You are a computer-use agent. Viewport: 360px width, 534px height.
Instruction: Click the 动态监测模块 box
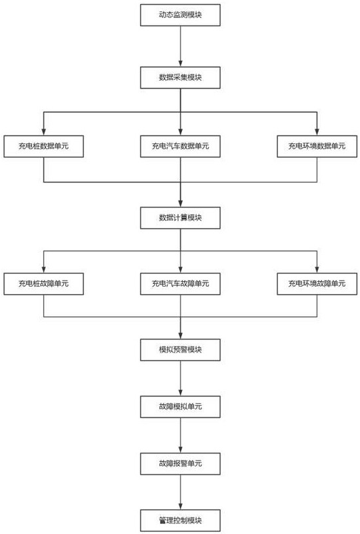tap(180, 15)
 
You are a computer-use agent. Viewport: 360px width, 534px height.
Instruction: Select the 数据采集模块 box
tap(180, 77)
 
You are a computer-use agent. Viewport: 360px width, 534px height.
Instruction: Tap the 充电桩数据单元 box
tap(43, 147)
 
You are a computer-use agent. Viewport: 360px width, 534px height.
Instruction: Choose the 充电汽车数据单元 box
tap(180, 147)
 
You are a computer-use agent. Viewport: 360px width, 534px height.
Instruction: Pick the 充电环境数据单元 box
tap(317, 147)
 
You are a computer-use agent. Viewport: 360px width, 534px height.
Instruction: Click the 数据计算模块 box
tap(180, 217)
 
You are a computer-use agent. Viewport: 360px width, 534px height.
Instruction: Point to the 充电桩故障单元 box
tap(43, 284)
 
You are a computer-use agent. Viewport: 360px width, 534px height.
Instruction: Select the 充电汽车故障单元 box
tap(180, 284)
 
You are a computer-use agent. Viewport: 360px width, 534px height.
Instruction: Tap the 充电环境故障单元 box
tap(317, 284)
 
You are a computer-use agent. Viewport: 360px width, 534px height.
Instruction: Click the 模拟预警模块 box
tap(180, 350)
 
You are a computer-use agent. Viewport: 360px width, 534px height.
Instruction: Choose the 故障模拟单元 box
tap(180, 407)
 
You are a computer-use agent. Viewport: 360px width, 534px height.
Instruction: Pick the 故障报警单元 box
tap(180, 463)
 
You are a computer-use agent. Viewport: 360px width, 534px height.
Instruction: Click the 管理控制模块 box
tap(180, 521)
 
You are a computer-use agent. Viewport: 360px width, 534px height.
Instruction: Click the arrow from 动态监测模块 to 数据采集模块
tap(181, 46)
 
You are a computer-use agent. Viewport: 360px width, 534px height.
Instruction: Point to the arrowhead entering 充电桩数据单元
tap(43, 133)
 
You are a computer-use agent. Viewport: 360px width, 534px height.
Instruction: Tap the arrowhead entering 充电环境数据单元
tap(317, 133)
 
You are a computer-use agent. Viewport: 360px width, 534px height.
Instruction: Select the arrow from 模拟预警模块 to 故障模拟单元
tap(181, 379)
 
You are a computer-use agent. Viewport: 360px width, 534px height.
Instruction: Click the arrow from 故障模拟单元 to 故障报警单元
tap(181, 435)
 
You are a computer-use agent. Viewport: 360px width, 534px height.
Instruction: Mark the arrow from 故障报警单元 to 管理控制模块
tap(181, 492)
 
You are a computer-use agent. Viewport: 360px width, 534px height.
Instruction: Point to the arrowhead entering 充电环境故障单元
tap(317, 270)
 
